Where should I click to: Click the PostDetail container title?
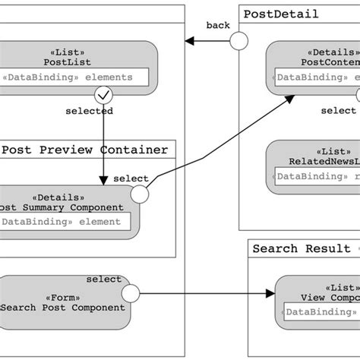(x=281, y=14)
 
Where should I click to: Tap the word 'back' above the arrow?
(x=218, y=26)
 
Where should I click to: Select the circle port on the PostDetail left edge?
(x=239, y=41)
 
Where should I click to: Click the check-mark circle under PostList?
(x=103, y=95)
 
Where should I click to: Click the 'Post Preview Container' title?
(x=84, y=150)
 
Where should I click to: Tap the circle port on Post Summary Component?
(x=139, y=195)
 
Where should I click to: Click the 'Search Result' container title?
(x=302, y=248)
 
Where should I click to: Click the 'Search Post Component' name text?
(x=64, y=308)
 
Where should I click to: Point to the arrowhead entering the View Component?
(x=270, y=293)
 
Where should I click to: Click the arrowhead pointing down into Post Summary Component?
(x=103, y=181)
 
